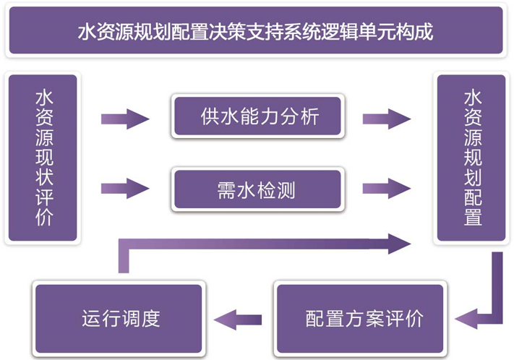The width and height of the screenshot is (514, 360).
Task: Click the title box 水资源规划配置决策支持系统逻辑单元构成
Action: (256, 32)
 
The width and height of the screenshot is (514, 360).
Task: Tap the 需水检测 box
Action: (257, 189)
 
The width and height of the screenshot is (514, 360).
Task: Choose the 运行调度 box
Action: (120, 318)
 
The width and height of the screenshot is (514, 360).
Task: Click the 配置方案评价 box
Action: (364, 318)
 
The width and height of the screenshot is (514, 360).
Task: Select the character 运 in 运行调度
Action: (90, 318)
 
